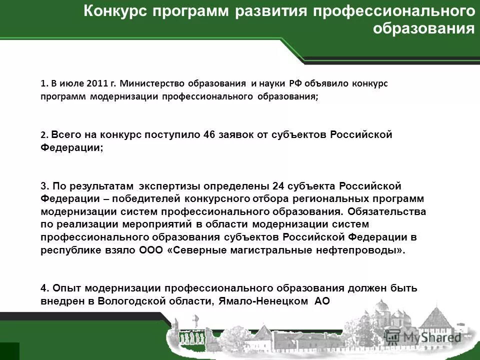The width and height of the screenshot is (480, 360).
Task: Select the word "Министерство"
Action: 149,83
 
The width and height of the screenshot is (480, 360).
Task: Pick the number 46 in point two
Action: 210,135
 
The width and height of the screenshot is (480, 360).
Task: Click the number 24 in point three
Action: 279,186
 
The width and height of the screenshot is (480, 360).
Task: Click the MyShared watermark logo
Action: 432,338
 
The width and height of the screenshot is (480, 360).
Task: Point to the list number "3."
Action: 44,186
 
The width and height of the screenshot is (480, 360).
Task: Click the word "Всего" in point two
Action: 63,135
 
